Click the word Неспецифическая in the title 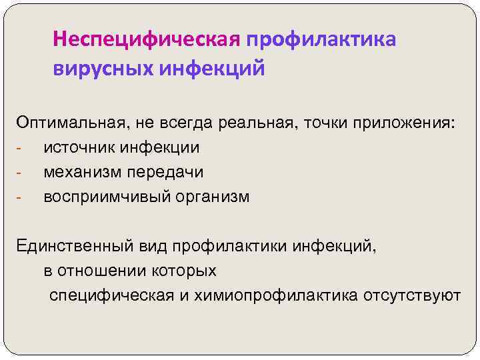coord(146,40)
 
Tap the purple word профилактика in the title coord(321,40)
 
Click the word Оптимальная coord(65,122)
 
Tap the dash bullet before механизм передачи coord(20,173)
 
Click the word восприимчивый coord(102,197)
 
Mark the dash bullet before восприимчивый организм coord(20,198)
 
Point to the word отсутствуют coord(412,295)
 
